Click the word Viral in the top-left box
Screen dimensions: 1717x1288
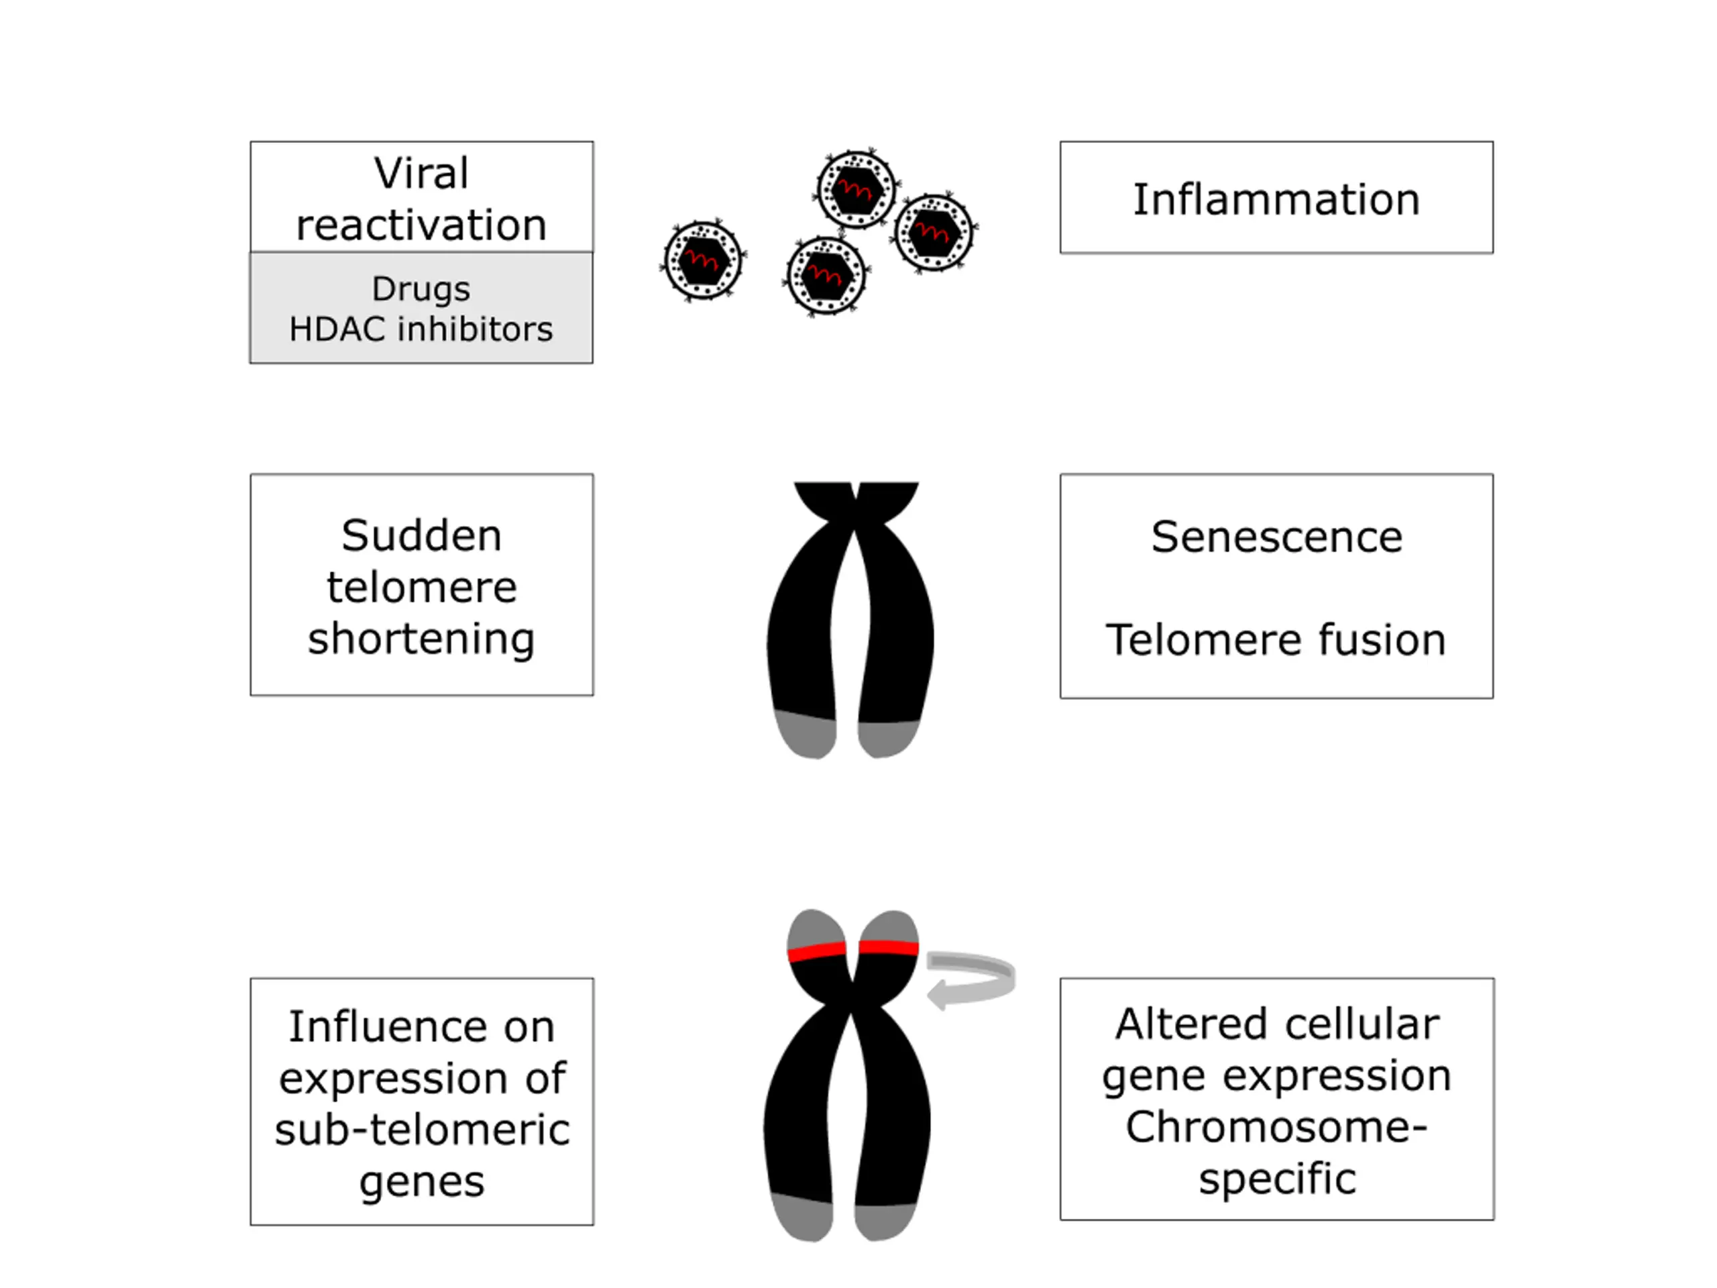coord(421,172)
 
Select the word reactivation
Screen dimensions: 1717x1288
coord(421,225)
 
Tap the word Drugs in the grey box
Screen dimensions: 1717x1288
coord(421,290)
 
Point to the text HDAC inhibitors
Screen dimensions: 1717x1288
coord(421,329)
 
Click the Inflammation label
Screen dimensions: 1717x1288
coord(1276,199)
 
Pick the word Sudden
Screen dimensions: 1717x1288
coord(421,536)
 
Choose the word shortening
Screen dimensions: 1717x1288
coord(421,639)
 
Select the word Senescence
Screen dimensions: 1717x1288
coord(1277,537)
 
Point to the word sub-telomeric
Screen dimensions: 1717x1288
coord(421,1130)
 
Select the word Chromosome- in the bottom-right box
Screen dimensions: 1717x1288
coord(1277,1127)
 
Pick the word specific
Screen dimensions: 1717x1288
coord(1277,1179)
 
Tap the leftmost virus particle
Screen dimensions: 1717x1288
coord(702,261)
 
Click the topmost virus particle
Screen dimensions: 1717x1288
coord(856,189)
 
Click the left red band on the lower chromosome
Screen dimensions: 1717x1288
coord(817,952)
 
